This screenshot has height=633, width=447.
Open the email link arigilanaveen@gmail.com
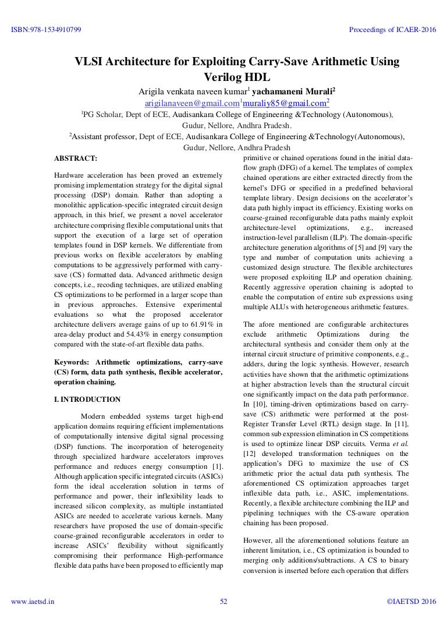pyautogui.click(x=183, y=103)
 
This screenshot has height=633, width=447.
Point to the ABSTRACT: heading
pyautogui.click(x=76, y=158)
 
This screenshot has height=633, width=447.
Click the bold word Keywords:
pyautogui.click(x=72, y=362)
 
